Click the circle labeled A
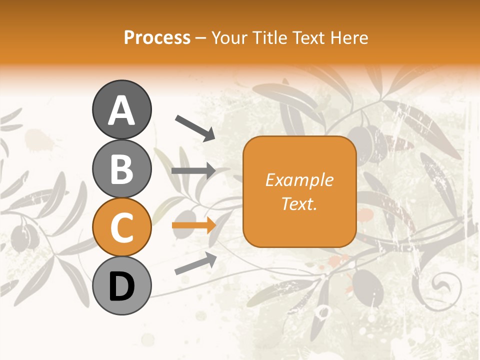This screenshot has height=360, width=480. pos(122,109)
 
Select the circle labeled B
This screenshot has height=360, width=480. pos(122,168)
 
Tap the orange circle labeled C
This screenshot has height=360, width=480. pos(122,227)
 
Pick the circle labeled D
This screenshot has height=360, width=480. pos(122,285)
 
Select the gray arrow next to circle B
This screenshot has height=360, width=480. pos(193,171)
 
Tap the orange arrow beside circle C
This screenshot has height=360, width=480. pos(193,225)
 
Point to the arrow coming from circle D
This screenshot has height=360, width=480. pos(195,263)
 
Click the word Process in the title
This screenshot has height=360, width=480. pos(157,37)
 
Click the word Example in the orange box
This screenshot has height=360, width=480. pos(299,180)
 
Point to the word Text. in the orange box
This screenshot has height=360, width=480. pos(299,203)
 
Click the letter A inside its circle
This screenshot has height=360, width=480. pos(122,110)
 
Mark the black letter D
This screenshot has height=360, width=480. pos(122,286)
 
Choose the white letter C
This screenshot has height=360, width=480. pos(122,228)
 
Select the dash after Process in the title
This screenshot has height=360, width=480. pos(201,38)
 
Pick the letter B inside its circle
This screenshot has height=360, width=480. pos(122,169)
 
